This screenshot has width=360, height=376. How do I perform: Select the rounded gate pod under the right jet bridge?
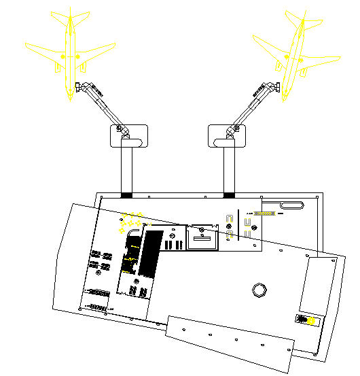[226, 135]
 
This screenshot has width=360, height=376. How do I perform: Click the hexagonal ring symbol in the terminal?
[259, 290]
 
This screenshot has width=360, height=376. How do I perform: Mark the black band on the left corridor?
[127, 196]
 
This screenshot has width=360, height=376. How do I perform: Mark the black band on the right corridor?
[229, 196]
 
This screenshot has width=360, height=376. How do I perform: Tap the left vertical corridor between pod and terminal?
[127, 170]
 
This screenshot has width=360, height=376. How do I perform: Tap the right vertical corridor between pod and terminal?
[229, 170]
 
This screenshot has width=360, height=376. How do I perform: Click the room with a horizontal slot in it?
[202, 239]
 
